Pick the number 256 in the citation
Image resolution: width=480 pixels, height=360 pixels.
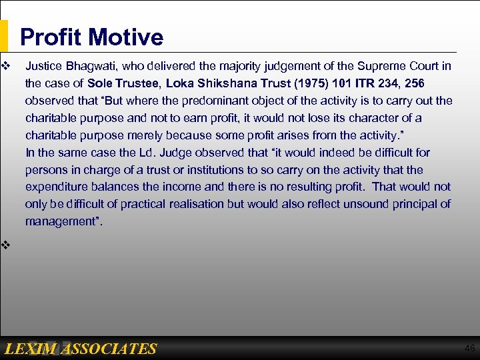pos(413,83)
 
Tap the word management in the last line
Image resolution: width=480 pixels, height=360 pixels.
pos(62,221)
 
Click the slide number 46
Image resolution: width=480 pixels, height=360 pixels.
pos(469,348)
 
